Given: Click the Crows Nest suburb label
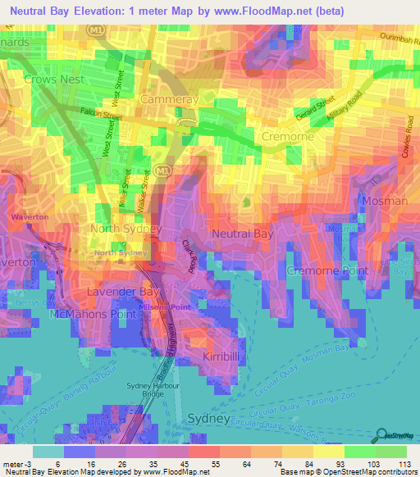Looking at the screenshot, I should pyautogui.click(x=49, y=79).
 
